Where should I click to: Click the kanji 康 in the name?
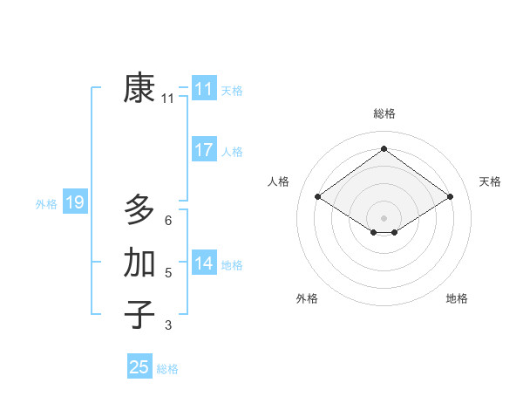(x=139, y=88)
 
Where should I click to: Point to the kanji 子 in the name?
(x=139, y=314)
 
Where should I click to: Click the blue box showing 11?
(x=203, y=89)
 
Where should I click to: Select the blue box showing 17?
(x=203, y=150)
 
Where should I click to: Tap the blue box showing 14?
(x=203, y=263)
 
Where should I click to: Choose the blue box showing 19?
(x=74, y=203)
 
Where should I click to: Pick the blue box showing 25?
(x=139, y=367)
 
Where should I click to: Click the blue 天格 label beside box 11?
(x=232, y=90)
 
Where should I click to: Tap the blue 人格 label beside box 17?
(x=232, y=152)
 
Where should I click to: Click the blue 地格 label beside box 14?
(x=232, y=264)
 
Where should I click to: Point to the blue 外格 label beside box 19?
(x=46, y=204)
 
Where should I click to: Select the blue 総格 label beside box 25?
(x=167, y=369)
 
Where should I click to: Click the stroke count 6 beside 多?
(x=167, y=221)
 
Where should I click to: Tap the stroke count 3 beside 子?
(x=167, y=325)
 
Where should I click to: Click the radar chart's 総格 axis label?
(x=384, y=113)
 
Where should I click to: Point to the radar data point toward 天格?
(x=450, y=197)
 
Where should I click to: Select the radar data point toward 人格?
(x=318, y=197)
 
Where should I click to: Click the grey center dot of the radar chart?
(x=384, y=217)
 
